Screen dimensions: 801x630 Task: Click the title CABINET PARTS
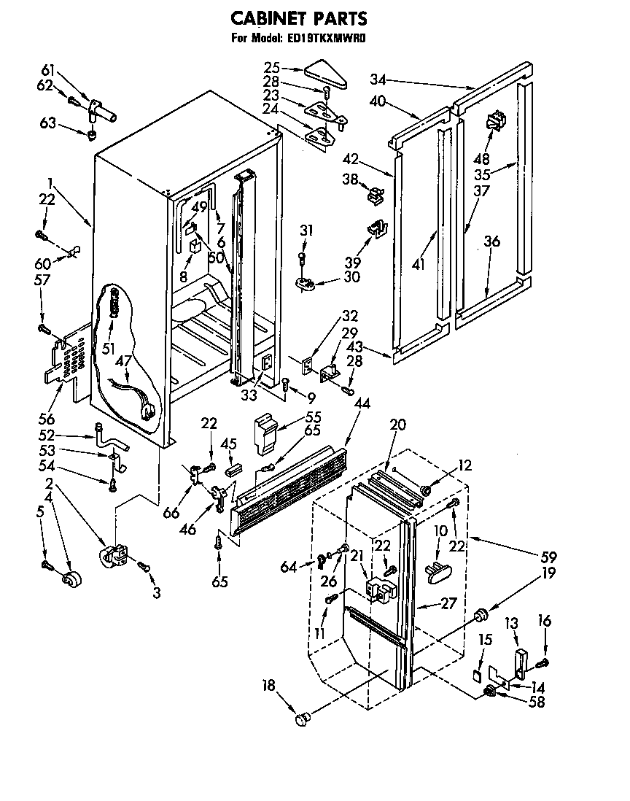click(x=298, y=18)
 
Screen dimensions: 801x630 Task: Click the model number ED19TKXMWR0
click(x=323, y=39)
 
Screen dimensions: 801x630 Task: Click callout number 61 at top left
click(x=47, y=70)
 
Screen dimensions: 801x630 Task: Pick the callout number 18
click(x=270, y=685)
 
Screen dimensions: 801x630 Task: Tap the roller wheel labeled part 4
click(x=71, y=581)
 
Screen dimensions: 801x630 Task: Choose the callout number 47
click(x=124, y=360)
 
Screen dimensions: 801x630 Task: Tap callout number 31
click(x=307, y=231)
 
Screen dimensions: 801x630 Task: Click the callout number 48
click(x=482, y=159)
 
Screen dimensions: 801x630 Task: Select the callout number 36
click(x=492, y=241)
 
